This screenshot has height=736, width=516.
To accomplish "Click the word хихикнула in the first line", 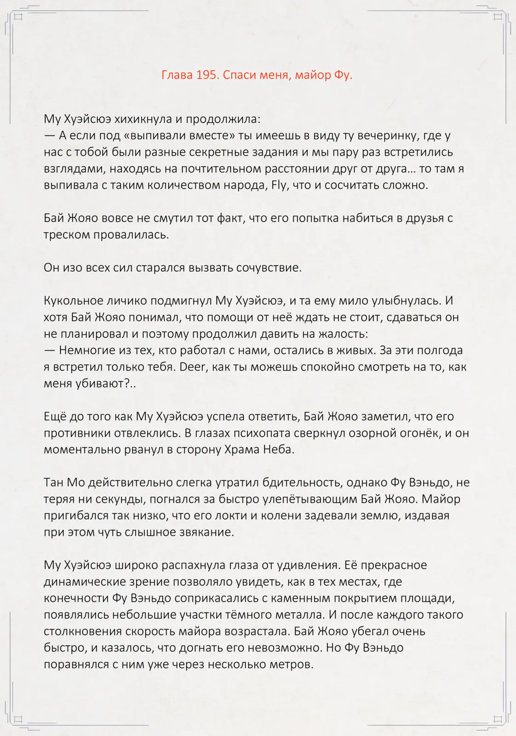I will click(x=143, y=119).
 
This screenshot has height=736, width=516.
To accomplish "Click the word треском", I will click(x=67, y=235).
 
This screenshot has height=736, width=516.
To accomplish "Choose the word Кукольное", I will click(x=74, y=301).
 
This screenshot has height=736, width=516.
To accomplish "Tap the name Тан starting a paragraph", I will click(x=54, y=483).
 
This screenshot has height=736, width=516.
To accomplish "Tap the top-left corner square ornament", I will click(x=18, y=17).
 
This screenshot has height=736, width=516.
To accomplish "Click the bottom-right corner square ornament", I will click(x=498, y=719).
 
